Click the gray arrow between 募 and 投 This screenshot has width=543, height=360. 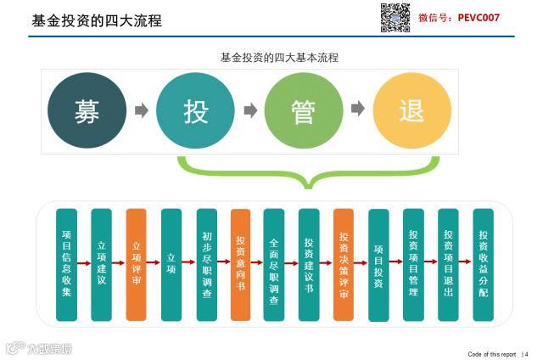pyautogui.click(x=141, y=110)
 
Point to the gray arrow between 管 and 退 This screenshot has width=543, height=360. pyautogui.click(x=358, y=110)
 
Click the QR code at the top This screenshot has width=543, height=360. pyautogui.click(x=395, y=18)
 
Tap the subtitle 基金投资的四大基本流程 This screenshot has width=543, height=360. pyautogui.click(x=279, y=59)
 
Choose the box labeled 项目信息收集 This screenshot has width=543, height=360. pyautogui.click(x=67, y=264)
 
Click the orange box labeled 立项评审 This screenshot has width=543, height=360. pyautogui.click(x=137, y=264)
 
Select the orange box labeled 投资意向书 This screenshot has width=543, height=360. pyautogui.click(x=241, y=264)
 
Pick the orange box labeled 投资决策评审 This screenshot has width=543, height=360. pyautogui.click(x=344, y=264)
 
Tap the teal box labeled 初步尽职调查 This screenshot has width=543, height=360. pyautogui.click(x=207, y=264)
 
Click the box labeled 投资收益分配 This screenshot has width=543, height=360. pyautogui.click(x=483, y=264)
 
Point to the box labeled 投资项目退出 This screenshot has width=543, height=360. pyautogui.click(x=448, y=264)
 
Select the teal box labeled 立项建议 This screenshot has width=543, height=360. pyautogui.click(x=102, y=264)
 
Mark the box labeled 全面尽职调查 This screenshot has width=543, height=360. pyautogui.click(x=273, y=264)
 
